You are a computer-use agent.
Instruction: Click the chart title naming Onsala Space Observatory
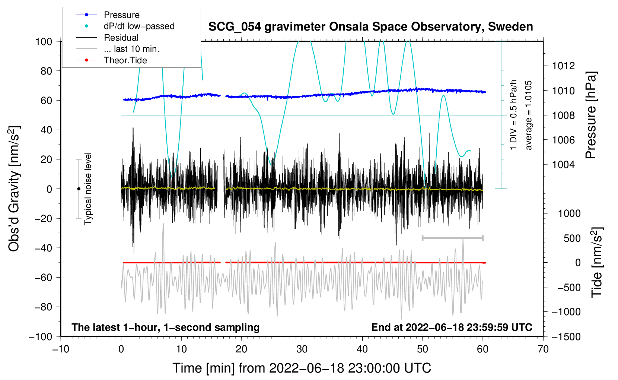370,27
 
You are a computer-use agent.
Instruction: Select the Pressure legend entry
121,15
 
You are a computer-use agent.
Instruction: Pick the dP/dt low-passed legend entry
139,26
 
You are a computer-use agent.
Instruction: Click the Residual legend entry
121,38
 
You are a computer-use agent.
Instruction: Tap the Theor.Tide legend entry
125,60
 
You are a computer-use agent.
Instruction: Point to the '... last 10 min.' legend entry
131,49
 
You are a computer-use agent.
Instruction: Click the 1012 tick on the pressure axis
563,66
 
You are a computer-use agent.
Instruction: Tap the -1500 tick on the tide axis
566,337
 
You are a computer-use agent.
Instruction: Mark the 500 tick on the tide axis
572,238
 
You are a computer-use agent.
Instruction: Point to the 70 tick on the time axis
543,349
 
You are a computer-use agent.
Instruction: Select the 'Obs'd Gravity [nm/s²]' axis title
14,189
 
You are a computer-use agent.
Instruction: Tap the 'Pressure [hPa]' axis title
591,115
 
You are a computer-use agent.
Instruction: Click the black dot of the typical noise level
79,189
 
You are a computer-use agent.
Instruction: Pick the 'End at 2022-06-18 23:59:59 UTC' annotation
452,327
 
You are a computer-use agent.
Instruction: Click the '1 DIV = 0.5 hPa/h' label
514,115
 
